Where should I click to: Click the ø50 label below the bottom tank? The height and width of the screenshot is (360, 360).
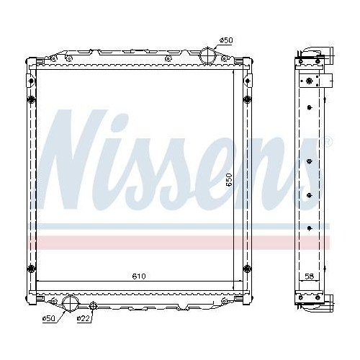click(48, 318)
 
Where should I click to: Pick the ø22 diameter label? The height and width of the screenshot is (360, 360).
click(85, 318)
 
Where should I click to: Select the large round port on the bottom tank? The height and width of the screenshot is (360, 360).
click(71, 305)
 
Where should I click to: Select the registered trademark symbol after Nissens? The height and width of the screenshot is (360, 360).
click(328, 139)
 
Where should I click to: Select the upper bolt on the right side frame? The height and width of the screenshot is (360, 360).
click(248, 99)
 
